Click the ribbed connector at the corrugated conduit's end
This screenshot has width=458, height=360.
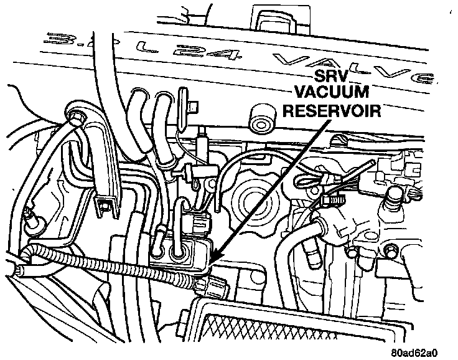(x=211, y=287)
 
